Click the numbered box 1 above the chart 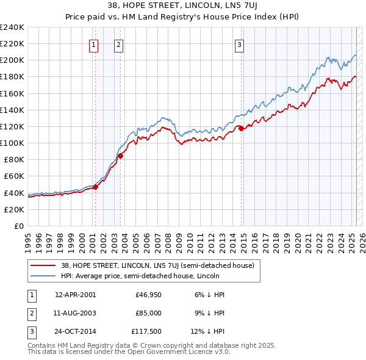(x=95, y=44)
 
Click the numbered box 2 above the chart (x=118, y=44)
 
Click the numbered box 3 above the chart (x=240, y=44)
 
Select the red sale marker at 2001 (x=95, y=187)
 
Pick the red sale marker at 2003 (x=120, y=156)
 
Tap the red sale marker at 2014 (x=241, y=128)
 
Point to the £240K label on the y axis (x=12, y=27)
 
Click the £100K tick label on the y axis (x=12, y=143)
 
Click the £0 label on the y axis (x=18, y=226)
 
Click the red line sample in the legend (x=43, y=265)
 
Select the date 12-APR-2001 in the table (x=75, y=294)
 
